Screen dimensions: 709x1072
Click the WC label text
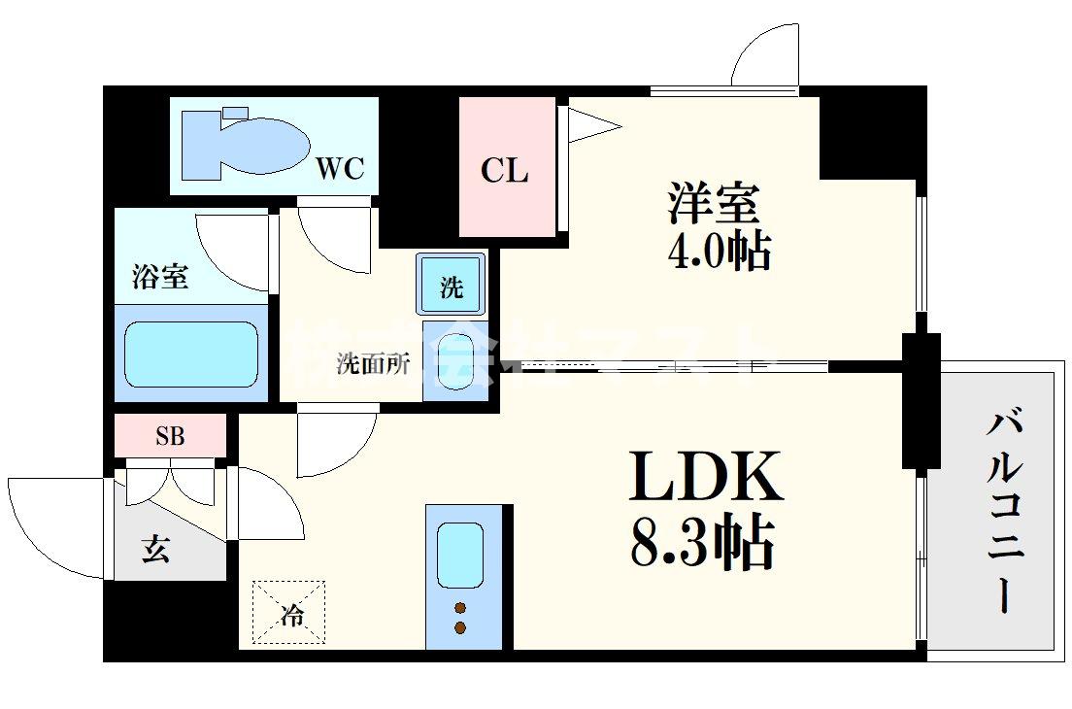tap(339, 169)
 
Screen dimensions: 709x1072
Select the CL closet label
tap(505, 171)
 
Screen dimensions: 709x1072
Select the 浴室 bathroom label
tap(159, 278)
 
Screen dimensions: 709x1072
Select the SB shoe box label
tap(170, 436)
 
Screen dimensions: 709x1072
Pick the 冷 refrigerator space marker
tap(290, 613)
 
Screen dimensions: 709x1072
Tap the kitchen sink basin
tap(459, 556)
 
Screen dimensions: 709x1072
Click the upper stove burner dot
tap(459, 608)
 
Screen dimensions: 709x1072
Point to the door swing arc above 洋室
tap(764, 56)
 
